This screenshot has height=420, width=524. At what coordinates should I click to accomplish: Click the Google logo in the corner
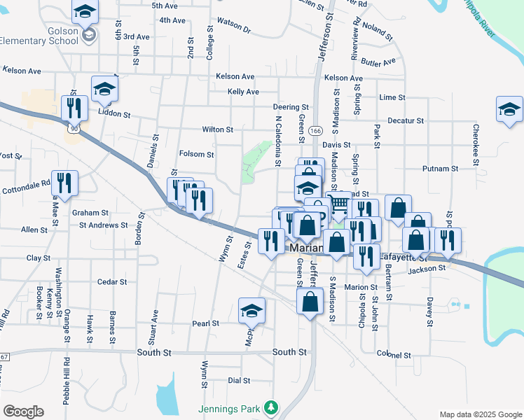click(23, 411)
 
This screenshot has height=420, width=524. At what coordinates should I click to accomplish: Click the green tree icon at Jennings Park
click(270, 407)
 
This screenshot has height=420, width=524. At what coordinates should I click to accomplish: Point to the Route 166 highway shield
click(317, 131)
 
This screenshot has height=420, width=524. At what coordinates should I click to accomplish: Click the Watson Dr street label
click(234, 25)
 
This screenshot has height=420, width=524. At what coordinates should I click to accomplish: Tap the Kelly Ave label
click(243, 92)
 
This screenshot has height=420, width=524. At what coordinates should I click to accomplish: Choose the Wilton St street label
click(217, 129)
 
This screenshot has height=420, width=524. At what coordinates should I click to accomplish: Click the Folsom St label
click(197, 154)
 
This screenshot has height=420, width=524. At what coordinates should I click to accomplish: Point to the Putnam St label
click(440, 169)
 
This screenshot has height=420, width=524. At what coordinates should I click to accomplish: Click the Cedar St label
click(112, 282)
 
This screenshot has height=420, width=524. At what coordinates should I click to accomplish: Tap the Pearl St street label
click(206, 323)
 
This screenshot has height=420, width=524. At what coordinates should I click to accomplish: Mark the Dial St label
click(239, 381)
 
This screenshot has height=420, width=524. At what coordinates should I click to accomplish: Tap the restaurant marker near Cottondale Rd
click(64, 183)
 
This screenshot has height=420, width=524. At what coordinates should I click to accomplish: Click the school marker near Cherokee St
click(509, 109)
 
